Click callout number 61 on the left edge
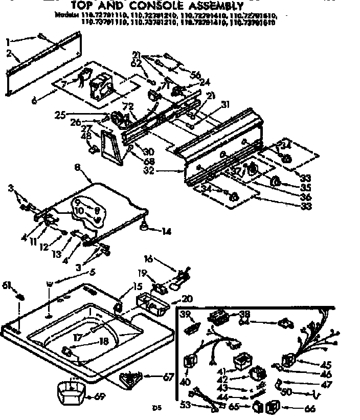pyautogui.click(x=7, y=284)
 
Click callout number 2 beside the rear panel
pyautogui.click(x=9, y=53)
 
